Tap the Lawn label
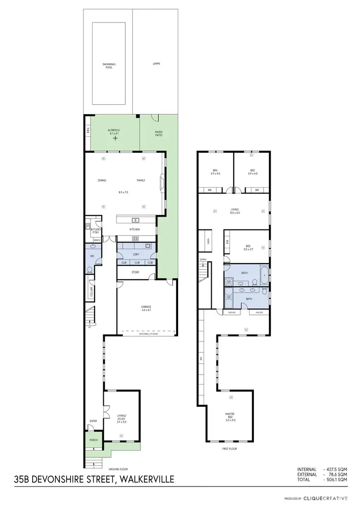pyautogui.click(x=156, y=63)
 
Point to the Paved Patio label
pyautogui.click(x=158, y=134)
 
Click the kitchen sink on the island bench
pyautogui.click(x=136, y=220)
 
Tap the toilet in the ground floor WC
pyautogui.click(x=90, y=270)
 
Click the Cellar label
pyautogui.click(x=91, y=292)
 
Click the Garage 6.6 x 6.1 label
pyautogui.click(x=146, y=309)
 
